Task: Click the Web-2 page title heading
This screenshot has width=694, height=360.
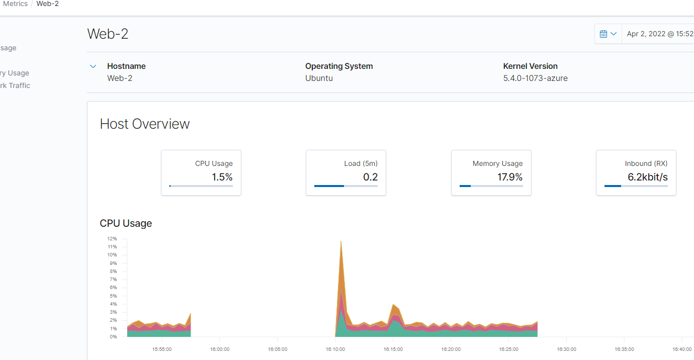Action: (x=108, y=34)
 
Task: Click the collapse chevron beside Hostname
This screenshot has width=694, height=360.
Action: (x=93, y=66)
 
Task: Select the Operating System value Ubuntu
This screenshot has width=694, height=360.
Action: (x=319, y=78)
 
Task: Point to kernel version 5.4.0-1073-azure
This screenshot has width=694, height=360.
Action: (x=535, y=78)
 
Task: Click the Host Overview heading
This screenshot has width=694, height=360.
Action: (x=145, y=124)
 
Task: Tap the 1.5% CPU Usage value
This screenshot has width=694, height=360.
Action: (x=222, y=177)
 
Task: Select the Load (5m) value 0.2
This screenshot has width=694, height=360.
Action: (x=370, y=177)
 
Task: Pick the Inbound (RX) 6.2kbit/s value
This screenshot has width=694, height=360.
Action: (x=648, y=177)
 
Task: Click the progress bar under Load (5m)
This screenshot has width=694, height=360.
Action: (x=345, y=186)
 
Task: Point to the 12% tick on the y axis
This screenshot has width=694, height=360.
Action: (x=112, y=239)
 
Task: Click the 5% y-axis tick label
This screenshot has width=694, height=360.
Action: (x=113, y=296)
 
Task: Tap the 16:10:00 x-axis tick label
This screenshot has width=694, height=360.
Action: (x=335, y=349)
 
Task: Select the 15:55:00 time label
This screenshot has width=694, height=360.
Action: (x=162, y=349)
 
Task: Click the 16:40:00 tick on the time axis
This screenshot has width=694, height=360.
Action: (x=682, y=349)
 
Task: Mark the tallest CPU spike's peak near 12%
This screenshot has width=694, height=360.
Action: (x=341, y=241)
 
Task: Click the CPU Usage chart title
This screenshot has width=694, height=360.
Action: (x=126, y=223)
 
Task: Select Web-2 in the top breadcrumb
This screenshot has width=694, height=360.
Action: (x=47, y=4)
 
